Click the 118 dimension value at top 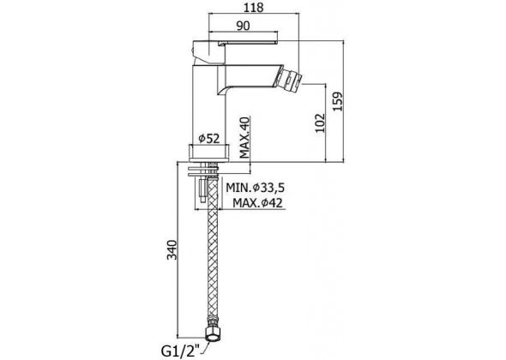[254, 7]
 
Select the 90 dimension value [243, 26]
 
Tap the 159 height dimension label [338, 101]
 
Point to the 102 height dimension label [320, 123]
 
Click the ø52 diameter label [208, 138]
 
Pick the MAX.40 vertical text [245, 138]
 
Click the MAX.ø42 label [257, 203]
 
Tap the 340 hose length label [172, 249]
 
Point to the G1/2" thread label [181, 351]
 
